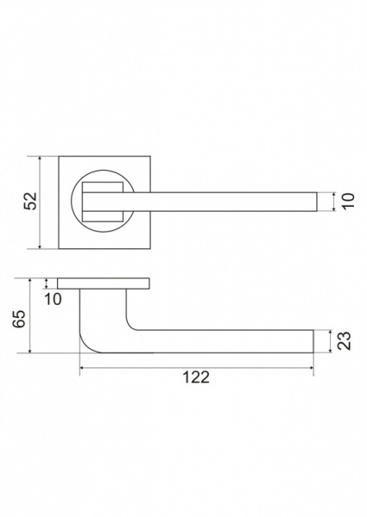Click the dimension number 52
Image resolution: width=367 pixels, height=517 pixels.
(x=30, y=201)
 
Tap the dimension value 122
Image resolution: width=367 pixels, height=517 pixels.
(x=196, y=377)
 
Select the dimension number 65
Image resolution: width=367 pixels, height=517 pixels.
(x=19, y=319)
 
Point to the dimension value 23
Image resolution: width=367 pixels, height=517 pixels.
(x=345, y=340)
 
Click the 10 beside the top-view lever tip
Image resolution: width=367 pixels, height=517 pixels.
(x=349, y=201)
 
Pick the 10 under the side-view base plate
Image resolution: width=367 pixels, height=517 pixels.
(x=53, y=299)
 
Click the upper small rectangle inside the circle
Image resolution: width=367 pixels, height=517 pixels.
(x=103, y=187)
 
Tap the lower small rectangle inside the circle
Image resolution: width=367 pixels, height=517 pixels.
(x=103, y=216)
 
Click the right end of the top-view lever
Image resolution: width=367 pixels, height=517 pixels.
(x=317, y=202)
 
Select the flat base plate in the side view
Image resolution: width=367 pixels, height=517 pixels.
(x=104, y=283)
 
